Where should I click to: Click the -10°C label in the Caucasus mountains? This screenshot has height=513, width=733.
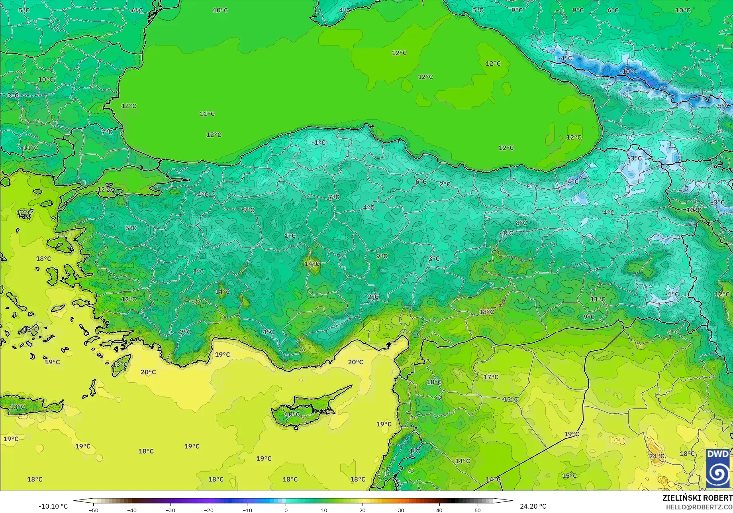coord(628,72)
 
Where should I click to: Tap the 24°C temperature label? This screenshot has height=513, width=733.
coord(657,456)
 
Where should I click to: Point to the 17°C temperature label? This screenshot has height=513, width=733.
coord(491,377)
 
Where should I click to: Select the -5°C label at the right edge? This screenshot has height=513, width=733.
coord(722,106)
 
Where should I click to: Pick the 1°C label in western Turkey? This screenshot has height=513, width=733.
coord(290,236)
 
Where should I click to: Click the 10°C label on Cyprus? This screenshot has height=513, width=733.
coord(292,415)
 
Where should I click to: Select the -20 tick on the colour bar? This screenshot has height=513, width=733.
coord(209,510)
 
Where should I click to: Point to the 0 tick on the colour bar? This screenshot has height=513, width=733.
coord(286,510)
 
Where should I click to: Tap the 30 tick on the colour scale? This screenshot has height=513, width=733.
coord(401,510)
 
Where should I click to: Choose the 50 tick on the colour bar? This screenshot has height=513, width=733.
coord(478,510)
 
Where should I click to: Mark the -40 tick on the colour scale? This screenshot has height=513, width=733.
coord(132,510)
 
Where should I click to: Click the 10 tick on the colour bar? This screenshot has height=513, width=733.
coord(324,510)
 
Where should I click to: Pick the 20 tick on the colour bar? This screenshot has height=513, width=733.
coord(363,510)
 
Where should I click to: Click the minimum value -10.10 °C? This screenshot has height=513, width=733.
coord(53,506)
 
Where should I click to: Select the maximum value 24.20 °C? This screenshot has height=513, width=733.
coord(533,506)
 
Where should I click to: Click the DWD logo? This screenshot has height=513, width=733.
coord(718,468)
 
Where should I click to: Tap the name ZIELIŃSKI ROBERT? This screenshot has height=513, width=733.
coord(697,498)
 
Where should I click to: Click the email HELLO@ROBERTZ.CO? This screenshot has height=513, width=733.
coord(699,507)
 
